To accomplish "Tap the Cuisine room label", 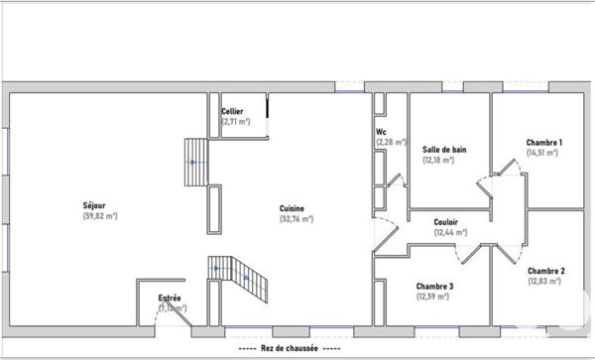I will point(292,208).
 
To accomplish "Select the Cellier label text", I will point(233,112).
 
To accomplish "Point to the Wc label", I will point(381,132).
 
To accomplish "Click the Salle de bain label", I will point(443,150).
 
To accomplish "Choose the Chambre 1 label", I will point(544,143).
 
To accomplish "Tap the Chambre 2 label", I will point(545,271).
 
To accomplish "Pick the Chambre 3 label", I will point(434,286).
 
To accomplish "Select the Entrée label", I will point(170,299).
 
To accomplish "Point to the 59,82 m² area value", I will point(100,215).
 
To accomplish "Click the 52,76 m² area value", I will point(296,218).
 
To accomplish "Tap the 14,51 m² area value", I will point(543,153).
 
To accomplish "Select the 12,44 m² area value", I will point(450,232).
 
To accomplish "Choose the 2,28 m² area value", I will point(391,142).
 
